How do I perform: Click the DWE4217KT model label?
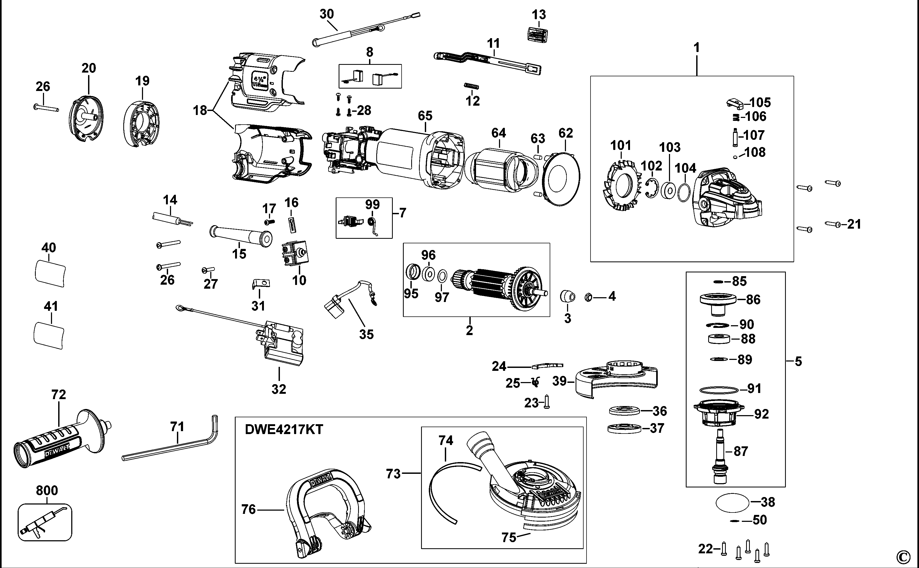[284, 429]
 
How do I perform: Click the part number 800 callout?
[47, 490]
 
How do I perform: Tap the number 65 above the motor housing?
[425, 116]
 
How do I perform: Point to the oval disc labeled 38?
[733, 502]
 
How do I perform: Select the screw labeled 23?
[547, 403]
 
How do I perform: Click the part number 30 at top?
[327, 14]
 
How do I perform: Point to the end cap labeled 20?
[86, 119]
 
